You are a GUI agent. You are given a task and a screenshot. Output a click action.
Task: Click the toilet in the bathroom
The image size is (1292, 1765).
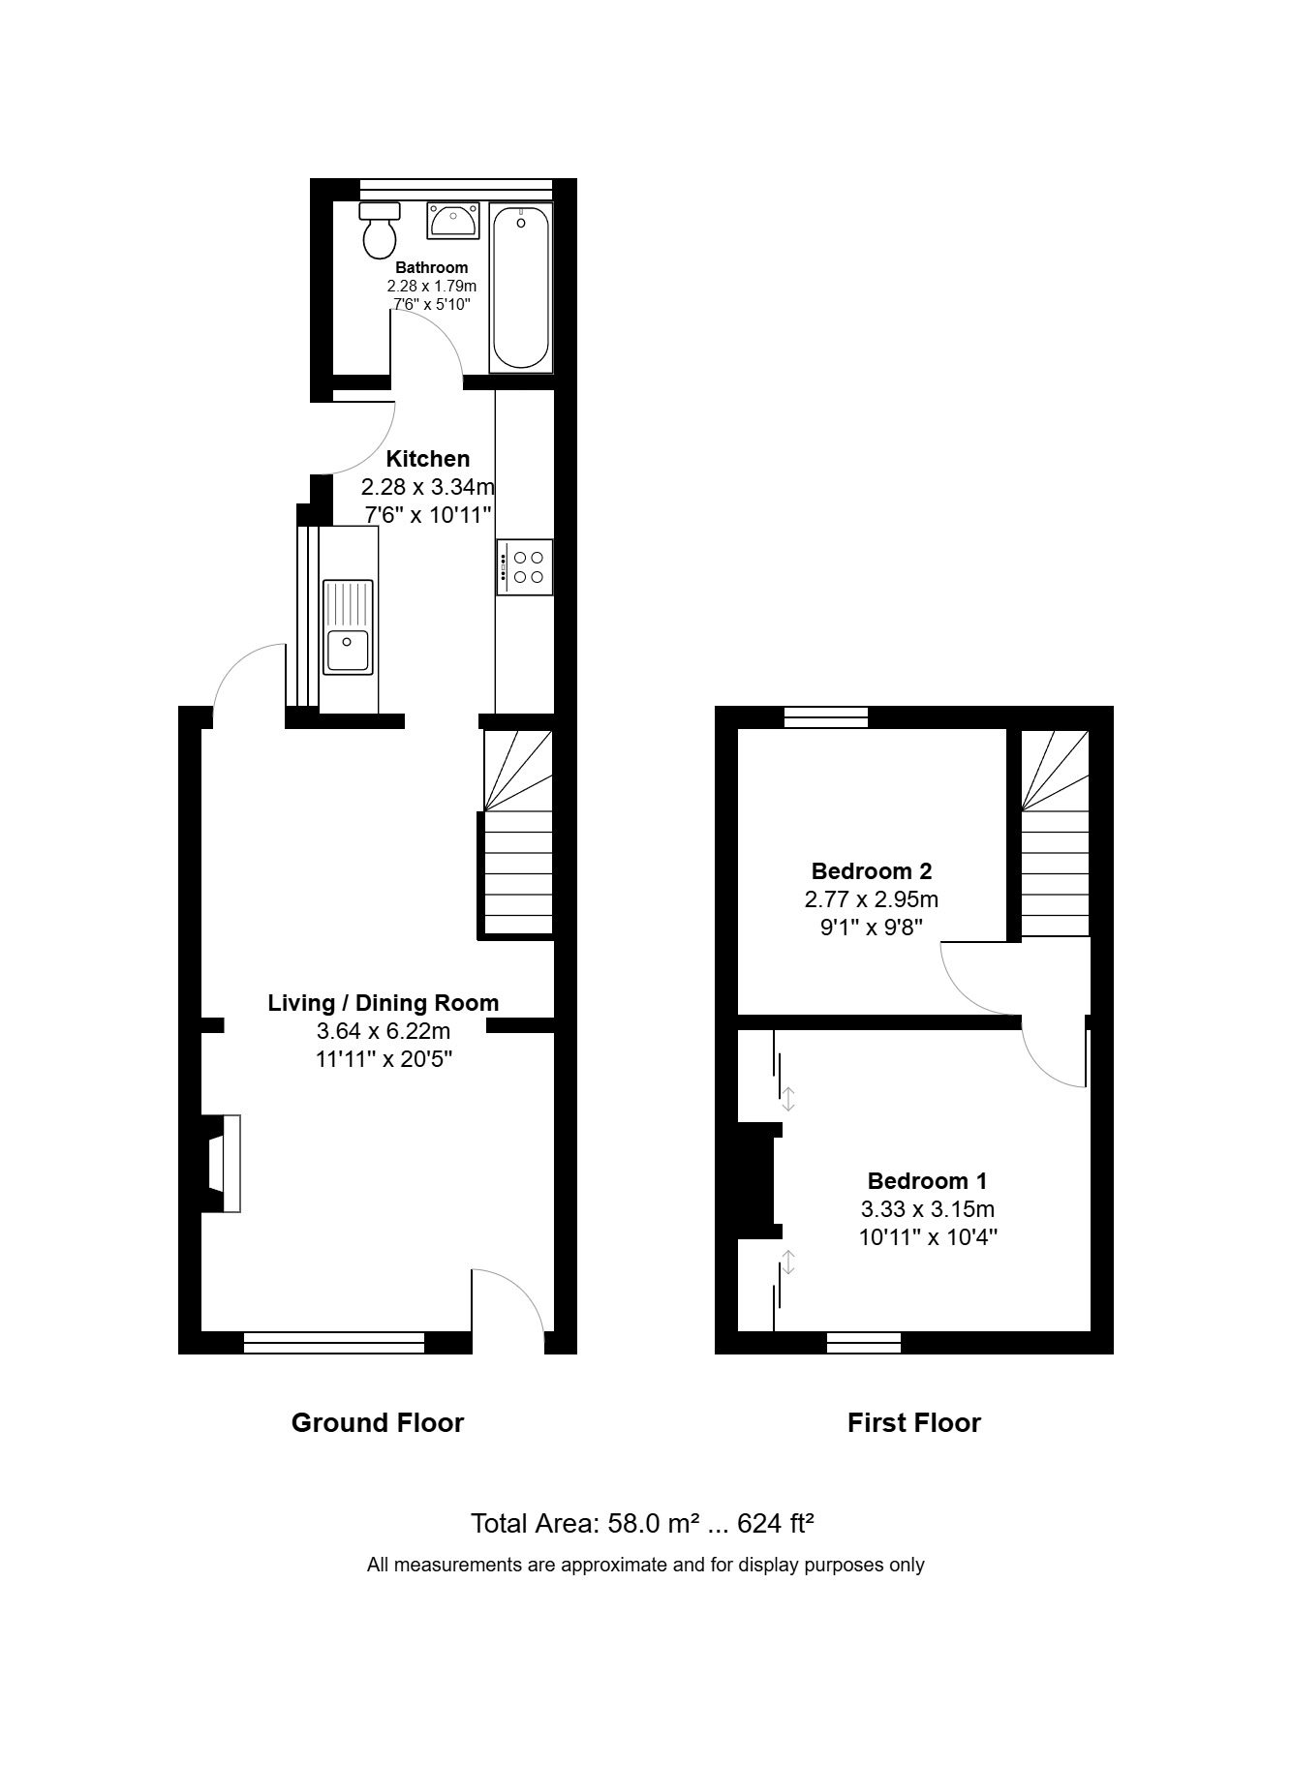[380, 229]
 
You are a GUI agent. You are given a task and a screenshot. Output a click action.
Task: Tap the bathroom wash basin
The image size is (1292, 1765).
[452, 220]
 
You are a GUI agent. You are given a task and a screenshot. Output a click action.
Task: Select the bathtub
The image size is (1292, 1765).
[521, 288]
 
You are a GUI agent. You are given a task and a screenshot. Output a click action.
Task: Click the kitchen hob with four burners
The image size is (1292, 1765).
[526, 567]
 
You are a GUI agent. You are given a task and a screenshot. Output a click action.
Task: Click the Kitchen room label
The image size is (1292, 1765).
[428, 459]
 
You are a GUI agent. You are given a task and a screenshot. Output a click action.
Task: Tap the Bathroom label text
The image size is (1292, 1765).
[431, 267]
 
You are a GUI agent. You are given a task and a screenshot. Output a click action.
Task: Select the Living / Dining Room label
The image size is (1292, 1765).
[384, 1003]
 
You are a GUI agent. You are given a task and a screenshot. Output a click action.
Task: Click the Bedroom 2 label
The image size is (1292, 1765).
[872, 871]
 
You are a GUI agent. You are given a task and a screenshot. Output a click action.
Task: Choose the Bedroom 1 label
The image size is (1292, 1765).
[927, 1181]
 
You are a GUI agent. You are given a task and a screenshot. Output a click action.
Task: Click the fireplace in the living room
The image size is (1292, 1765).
[221, 1164]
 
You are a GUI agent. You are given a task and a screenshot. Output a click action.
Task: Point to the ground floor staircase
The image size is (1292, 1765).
[517, 833]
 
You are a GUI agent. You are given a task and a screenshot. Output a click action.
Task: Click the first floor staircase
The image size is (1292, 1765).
[1055, 833]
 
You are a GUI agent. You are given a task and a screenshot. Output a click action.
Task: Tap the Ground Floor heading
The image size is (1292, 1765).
[378, 1422]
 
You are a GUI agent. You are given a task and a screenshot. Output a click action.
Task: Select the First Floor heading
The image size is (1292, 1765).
[914, 1422]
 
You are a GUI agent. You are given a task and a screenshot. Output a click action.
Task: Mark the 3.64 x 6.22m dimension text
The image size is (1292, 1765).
[384, 1031]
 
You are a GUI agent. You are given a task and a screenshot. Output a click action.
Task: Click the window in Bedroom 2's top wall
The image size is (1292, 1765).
[826, 717]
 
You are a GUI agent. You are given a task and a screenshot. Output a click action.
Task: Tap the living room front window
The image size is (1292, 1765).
[334, 1342]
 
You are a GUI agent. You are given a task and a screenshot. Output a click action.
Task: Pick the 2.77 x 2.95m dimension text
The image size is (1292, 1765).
[872, 899]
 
